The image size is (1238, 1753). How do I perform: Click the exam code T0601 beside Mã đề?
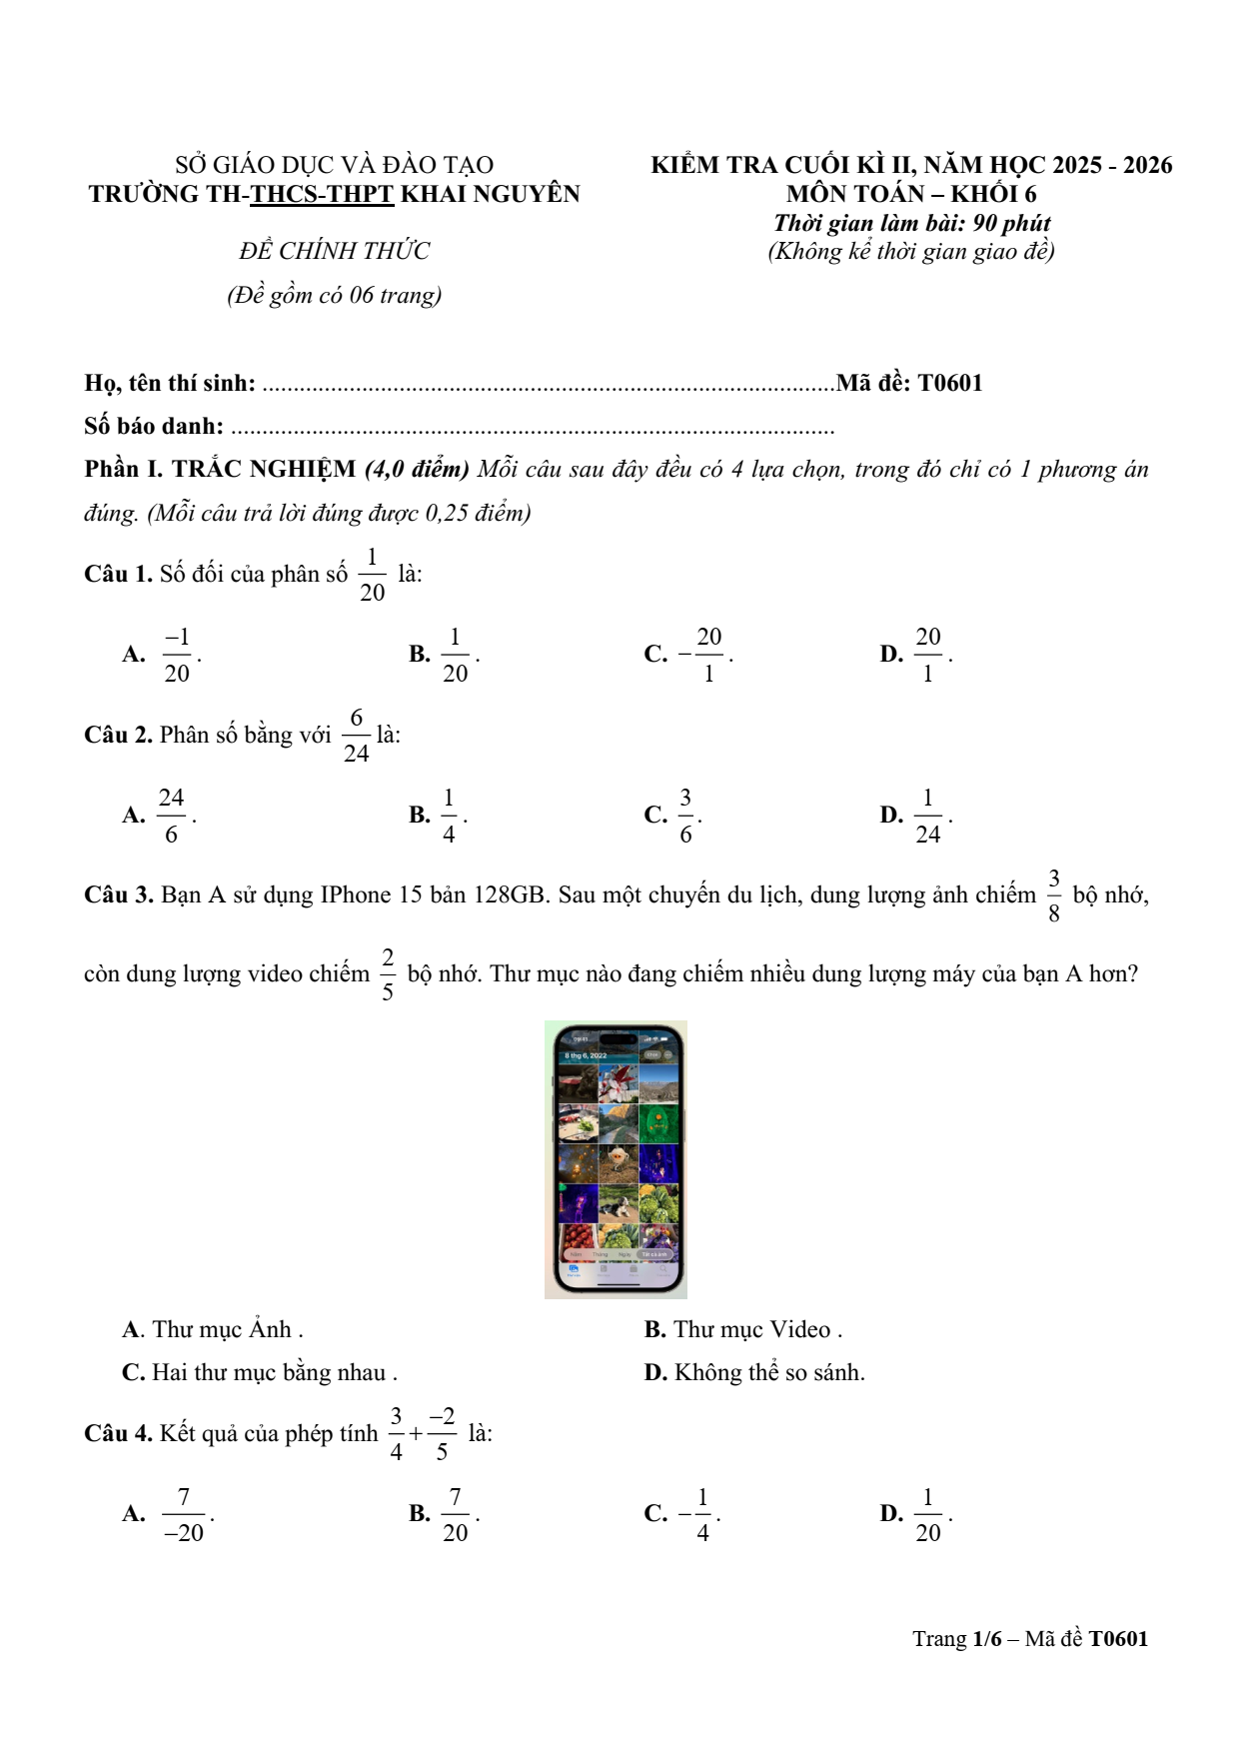(950, 383)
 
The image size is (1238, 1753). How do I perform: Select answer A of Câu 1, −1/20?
(177, 655)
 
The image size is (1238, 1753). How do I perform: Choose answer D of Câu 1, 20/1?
(927, 655)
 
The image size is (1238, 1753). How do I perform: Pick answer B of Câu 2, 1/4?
(449, 816)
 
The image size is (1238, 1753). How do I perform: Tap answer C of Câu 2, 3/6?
(685, 816)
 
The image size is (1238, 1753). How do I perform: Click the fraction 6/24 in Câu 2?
(357, 736)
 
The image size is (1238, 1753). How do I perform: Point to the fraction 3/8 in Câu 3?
(1054, 895)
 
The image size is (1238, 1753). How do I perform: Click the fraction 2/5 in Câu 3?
(388, 974)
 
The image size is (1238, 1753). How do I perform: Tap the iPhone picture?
(616, 1159)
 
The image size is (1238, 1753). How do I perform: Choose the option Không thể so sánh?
(768, 1373)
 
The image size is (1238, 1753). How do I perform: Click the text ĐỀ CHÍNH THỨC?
(335, 251)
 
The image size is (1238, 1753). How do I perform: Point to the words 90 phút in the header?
(1011, 223)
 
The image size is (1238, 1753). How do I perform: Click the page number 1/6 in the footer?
(987, 1639)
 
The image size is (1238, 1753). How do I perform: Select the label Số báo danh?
(154, 427)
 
